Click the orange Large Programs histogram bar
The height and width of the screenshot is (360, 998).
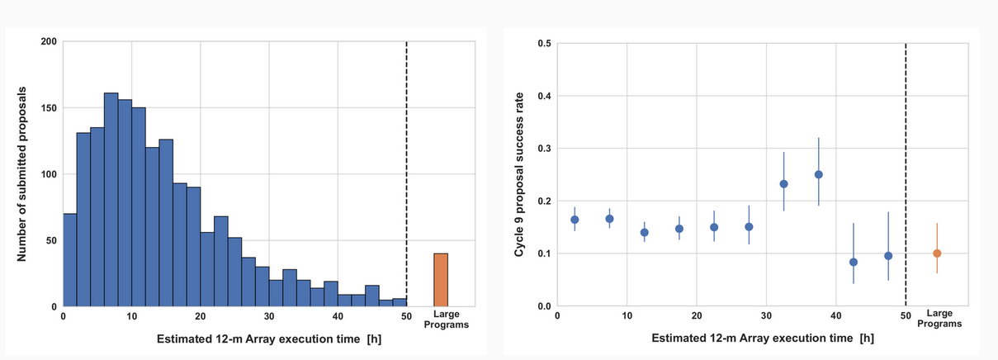click(441, 280)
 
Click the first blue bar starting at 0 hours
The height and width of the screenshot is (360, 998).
click(69, 260)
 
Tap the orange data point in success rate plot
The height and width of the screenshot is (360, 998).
click(937, 253)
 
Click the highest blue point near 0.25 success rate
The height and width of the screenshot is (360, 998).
click(819, 174)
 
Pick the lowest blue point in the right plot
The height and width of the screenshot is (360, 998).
click(854, 262)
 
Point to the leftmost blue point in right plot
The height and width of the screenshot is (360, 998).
click(575, 220)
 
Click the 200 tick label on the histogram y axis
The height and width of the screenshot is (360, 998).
click(49, 41)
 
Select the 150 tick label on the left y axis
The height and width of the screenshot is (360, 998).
click(49, 108)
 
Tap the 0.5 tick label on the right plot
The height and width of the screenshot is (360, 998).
click(544, 44)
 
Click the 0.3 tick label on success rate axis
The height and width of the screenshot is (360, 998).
click(544, 149)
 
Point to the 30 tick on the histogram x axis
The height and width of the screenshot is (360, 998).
click(269, 316)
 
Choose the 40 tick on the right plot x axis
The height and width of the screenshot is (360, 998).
click(835, 315)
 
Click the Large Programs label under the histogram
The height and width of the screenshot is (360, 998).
click(446, 320)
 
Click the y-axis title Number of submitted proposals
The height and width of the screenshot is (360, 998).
click(24, 174)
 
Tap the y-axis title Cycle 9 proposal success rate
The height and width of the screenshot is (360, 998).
click(519, 174)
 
